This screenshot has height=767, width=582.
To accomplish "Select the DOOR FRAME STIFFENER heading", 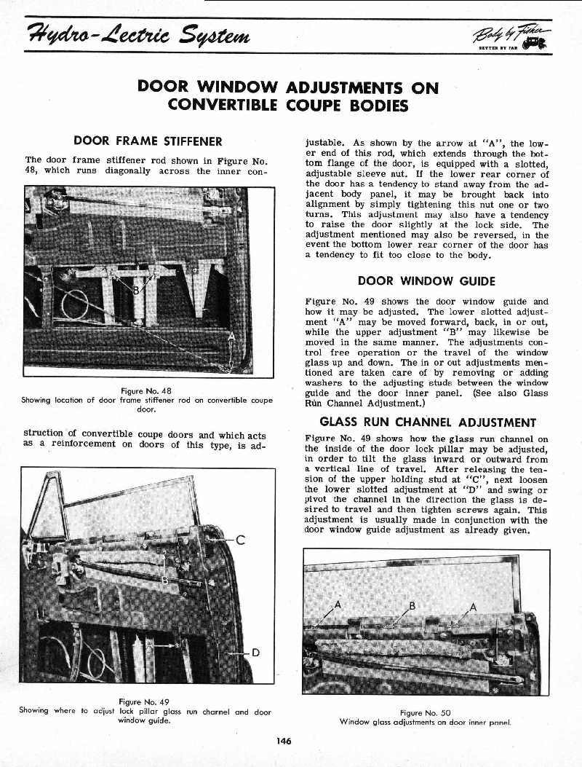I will (148, 141).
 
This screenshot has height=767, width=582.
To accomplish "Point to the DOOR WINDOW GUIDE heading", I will (426, 281).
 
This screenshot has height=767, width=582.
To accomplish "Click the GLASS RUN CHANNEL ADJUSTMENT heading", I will (428, 422).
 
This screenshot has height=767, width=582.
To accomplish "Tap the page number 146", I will (284, 741).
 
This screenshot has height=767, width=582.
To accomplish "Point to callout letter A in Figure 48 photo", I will (232, 337).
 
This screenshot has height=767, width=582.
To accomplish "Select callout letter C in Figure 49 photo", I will (239, 540).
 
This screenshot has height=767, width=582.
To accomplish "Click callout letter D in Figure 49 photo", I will (255, 652).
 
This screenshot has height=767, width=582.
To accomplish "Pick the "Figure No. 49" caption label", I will (145, 702).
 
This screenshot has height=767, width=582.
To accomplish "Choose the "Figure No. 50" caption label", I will (425, 713).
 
